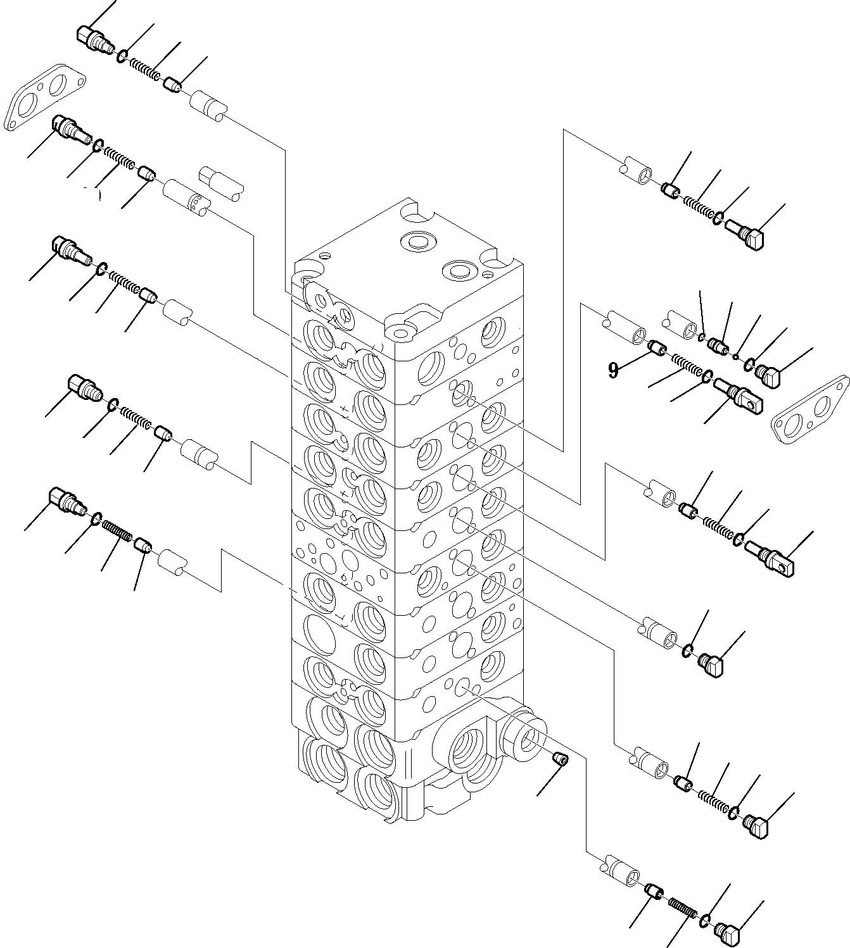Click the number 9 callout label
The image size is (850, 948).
click(612, 370)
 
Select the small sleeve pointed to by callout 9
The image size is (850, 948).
click(658, 347)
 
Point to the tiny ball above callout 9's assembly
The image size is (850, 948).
click(735, 358)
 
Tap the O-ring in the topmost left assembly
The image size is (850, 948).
click(122, 56)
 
